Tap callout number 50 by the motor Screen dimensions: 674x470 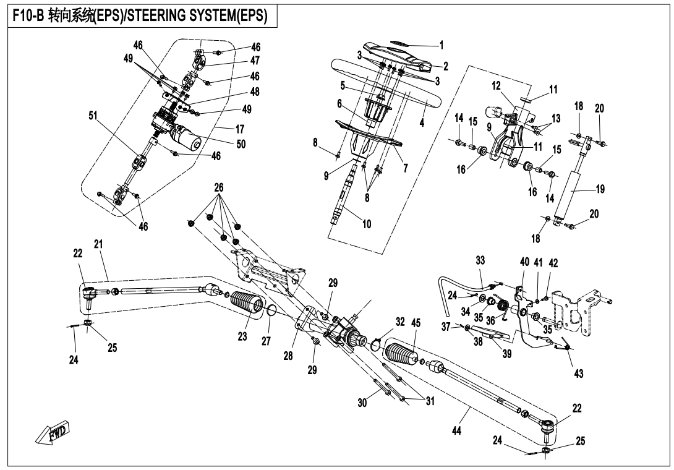tap(241, 143)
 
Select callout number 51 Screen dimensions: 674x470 tap(93, 116)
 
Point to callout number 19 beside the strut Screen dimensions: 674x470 tap(600, 189)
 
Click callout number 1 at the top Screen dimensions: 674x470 tap(441, 45)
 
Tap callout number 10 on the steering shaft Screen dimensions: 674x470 tap(366, 224)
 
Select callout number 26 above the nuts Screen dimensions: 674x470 tap(219, 187)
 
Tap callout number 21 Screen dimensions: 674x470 tap(98, 244)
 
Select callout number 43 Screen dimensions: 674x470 tap(579, 373)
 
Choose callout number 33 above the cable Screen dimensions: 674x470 tap(480, 260)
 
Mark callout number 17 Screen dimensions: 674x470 tap(239, 129)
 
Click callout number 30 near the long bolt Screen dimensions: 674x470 tap(362, 403)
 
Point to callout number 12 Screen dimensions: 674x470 tap(496, 85)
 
